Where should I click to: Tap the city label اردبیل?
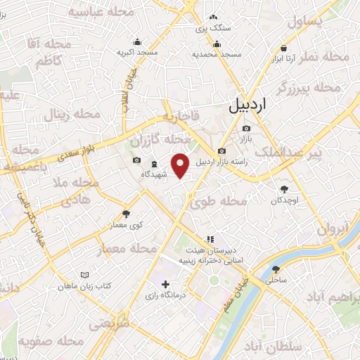coord(248,106)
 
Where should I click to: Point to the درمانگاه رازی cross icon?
coord(165,285)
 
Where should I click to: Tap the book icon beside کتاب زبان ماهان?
coord(85,274)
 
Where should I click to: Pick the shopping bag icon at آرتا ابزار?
coord(283,48)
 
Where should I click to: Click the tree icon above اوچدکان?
coord(285,188)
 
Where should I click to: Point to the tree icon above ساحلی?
coord(276,268)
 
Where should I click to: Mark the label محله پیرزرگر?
coord(309,89)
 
